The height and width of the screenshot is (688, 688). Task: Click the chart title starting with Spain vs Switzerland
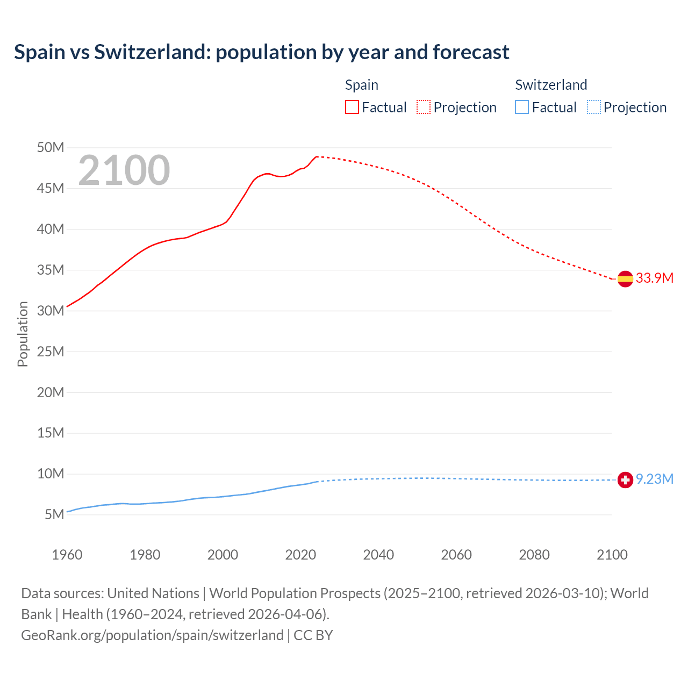261,52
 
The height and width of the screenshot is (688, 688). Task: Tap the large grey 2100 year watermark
124,170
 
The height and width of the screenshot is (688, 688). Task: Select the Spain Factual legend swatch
352,107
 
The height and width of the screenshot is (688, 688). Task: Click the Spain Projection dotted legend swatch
424,107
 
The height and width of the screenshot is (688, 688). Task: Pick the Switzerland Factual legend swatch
522,107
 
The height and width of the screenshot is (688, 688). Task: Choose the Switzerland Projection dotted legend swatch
594,107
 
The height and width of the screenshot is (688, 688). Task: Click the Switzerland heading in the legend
551,85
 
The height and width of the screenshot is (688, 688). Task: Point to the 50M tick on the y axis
51,147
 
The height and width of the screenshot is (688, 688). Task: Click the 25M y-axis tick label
51,352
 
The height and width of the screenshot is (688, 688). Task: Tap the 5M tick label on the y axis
54,514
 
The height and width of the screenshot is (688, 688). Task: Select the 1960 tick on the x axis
67,555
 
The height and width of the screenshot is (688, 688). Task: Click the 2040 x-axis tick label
378,555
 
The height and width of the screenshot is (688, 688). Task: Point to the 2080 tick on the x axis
534,555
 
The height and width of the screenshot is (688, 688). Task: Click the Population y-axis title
23,334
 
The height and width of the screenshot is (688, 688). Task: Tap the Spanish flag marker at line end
625,278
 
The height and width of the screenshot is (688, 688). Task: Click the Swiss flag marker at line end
625,479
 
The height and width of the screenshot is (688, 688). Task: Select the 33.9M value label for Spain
654,278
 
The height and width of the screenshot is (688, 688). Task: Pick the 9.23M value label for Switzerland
654,479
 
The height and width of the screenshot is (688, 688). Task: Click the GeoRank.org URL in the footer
152,635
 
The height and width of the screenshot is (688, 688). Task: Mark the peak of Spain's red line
317,156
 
